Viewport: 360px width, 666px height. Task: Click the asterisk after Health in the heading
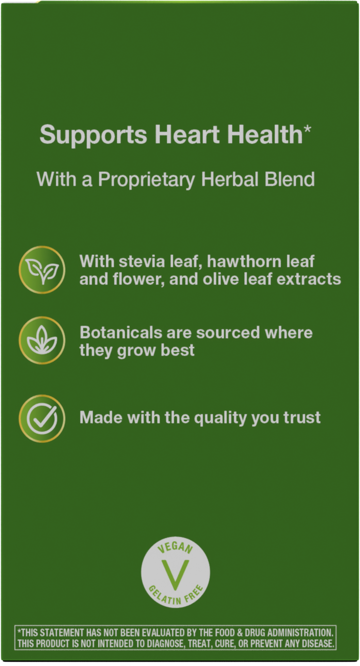[307, 131]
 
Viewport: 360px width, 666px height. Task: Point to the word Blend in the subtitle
[290, 179]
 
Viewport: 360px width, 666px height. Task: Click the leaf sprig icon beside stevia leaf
[42, 269]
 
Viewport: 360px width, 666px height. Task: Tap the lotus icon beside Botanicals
[42, 341]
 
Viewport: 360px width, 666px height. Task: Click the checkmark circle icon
[42, 418]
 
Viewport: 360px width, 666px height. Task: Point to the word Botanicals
[121, 333]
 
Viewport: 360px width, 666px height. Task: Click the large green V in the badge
[175, 573]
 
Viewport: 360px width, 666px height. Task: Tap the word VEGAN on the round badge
[175, 549]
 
